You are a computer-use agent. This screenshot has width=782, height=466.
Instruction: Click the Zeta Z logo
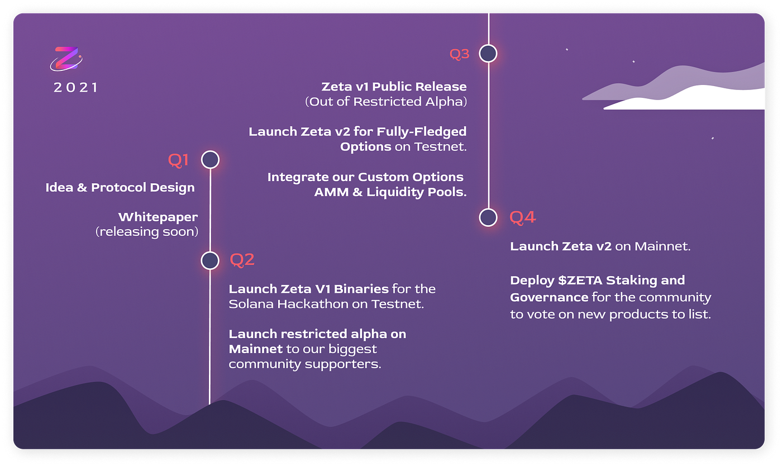pos(66,59)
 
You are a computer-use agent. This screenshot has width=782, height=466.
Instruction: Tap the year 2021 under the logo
pos(75,88)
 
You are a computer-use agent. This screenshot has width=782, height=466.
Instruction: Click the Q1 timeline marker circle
pos(210,160)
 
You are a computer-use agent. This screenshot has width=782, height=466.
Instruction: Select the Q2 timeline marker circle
pos(210,260)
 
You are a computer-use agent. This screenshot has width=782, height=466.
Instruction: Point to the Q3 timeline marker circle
pos(488,54)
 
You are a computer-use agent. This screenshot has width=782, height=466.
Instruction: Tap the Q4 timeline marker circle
pos(488,217)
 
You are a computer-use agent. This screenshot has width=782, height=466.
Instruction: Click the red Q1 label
pos(179,160)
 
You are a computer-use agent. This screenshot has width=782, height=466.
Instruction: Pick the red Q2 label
pos(242,260)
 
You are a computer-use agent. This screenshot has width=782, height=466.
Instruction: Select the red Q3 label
pos(460,54)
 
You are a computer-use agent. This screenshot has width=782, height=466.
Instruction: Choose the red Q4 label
pos(522,217)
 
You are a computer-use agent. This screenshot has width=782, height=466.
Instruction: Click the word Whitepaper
pos(158,217)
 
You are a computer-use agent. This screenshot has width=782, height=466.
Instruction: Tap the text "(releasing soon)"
pos(147,231)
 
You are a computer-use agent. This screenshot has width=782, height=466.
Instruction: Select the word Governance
pos(549,297)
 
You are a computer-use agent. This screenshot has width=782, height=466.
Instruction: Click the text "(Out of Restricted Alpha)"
pos(385,102)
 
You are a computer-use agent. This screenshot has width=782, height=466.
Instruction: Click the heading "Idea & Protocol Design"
pos(120,188)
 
